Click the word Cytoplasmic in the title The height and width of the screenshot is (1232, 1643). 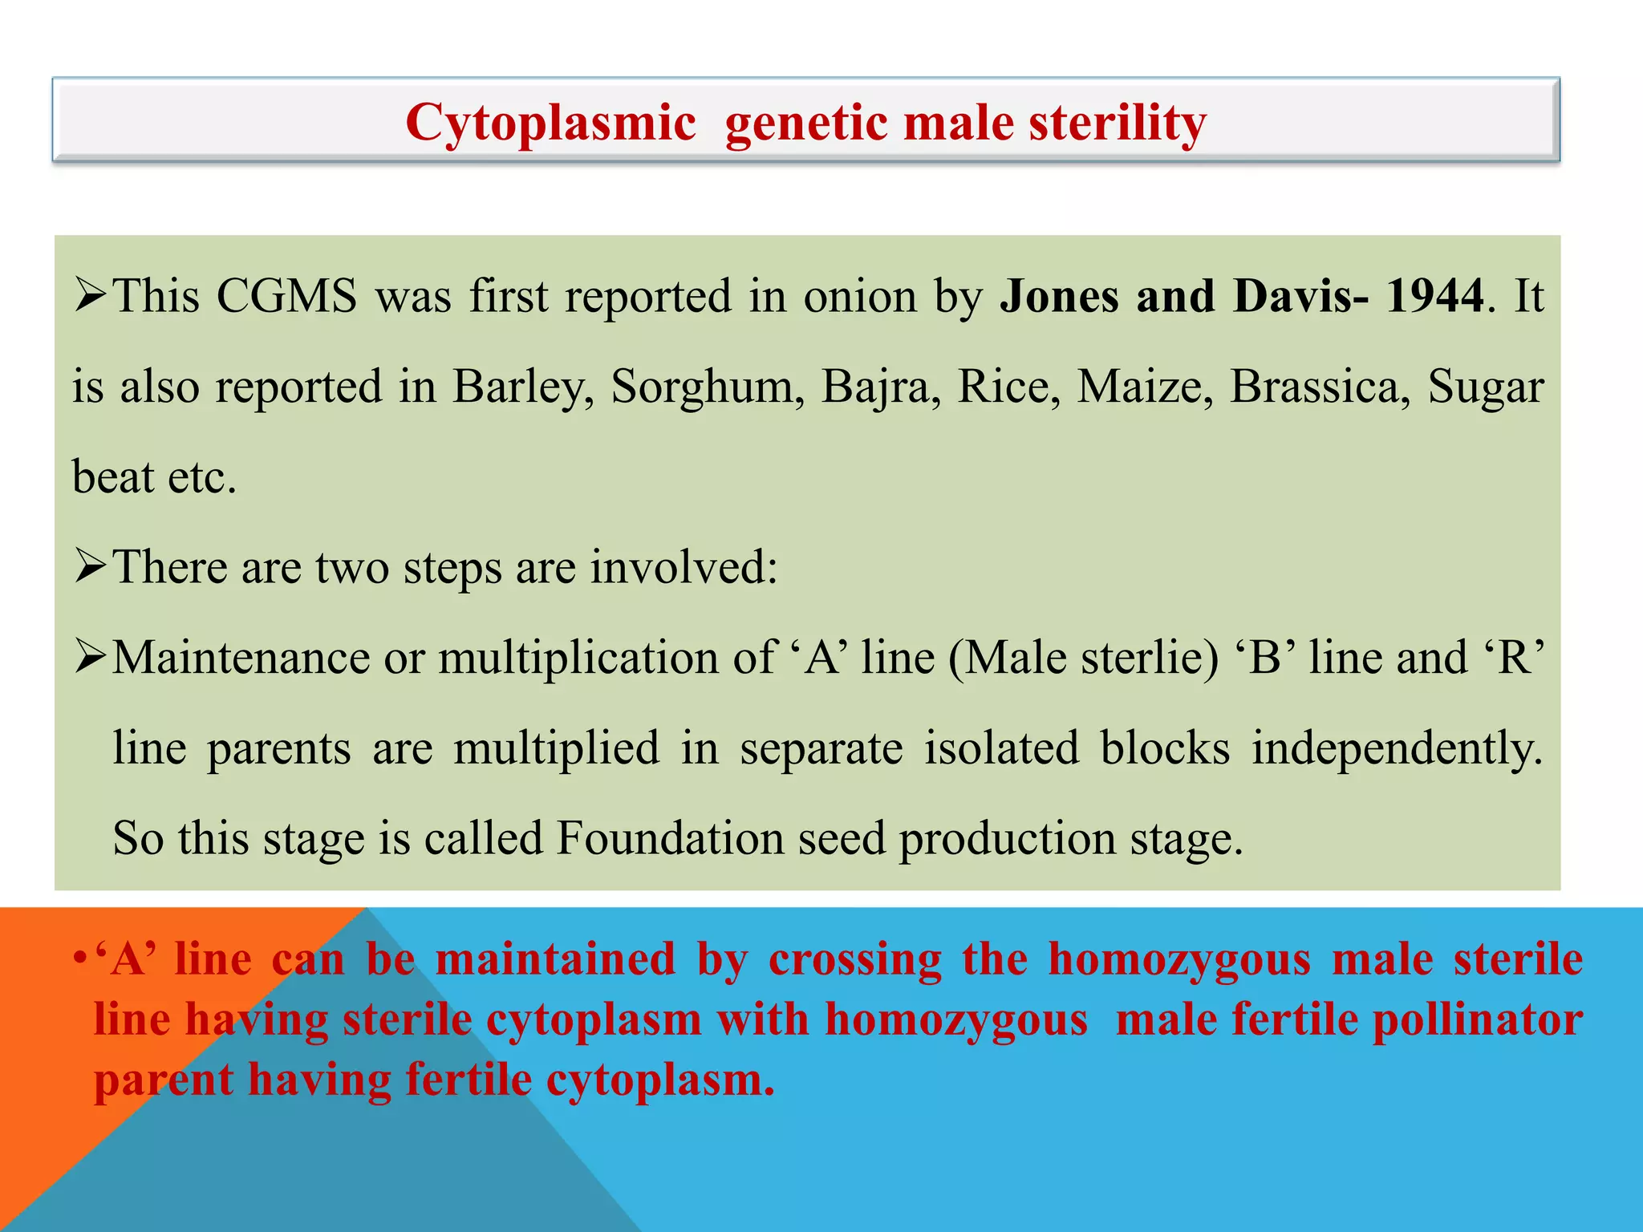[550, 124]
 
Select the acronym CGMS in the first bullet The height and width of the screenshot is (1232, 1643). [286, 296]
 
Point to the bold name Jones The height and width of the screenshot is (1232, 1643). [1059, 296]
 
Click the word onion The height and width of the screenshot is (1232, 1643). [860, 296]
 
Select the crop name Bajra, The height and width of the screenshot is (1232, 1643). [881, 387]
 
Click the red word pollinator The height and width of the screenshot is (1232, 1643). [1478, 1020]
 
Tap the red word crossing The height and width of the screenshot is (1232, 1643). [855, 960]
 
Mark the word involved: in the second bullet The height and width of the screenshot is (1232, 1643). [684, 568]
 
